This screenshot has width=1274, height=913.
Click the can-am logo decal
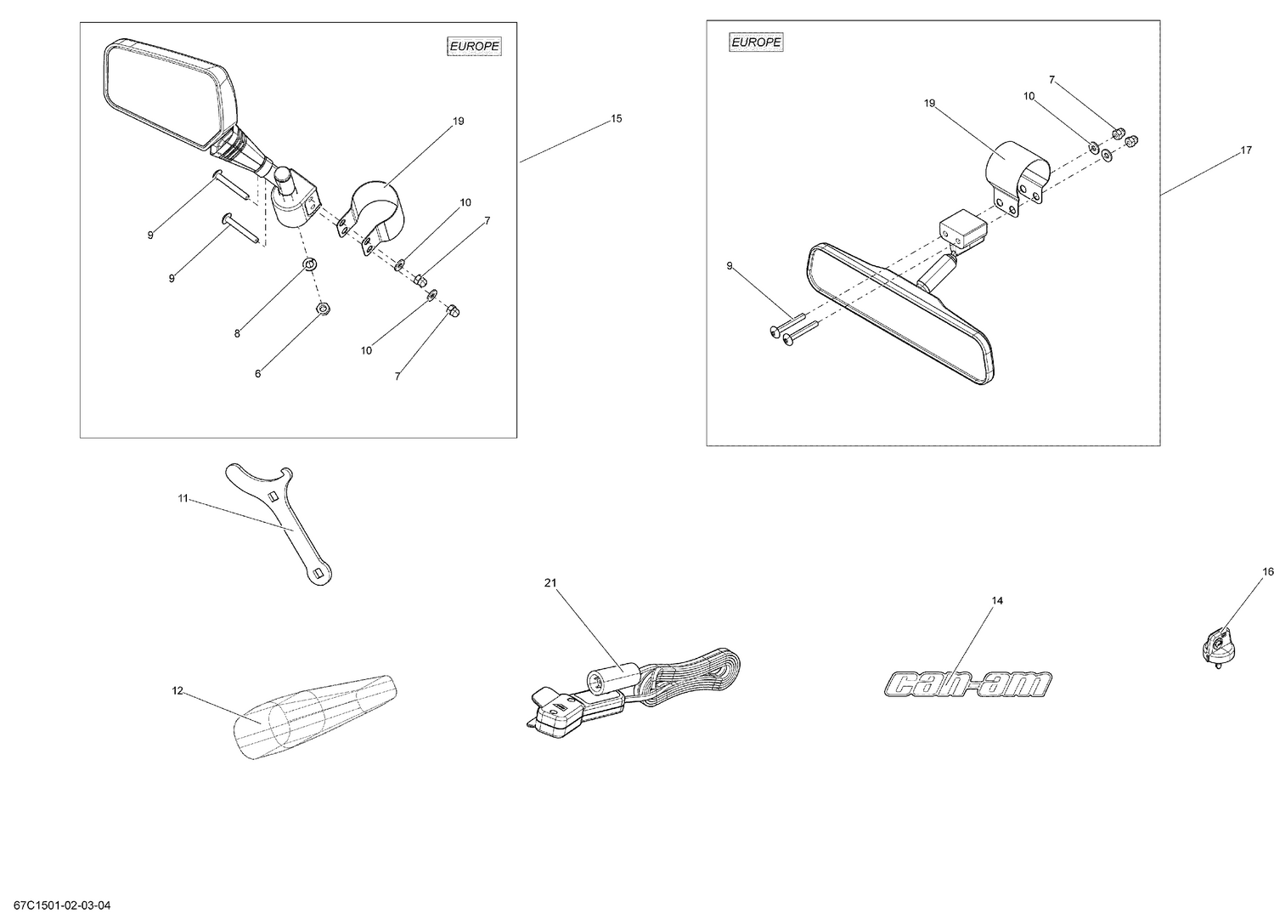[967, 683]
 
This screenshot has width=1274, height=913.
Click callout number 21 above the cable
[550, 582]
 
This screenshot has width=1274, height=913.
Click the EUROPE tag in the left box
[474, 47]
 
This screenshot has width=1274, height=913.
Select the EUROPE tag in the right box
[756, 42]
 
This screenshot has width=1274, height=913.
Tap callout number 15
[617, 118]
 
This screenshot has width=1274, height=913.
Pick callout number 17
[1246, 150]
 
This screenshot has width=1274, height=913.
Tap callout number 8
[237, 333]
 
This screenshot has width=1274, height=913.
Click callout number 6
[258, 373]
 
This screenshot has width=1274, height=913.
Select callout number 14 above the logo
[997, 600]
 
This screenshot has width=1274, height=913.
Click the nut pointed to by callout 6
[323, 309]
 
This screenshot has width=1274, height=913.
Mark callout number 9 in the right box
[730, 266]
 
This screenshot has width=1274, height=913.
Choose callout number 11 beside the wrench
[183, 498]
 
